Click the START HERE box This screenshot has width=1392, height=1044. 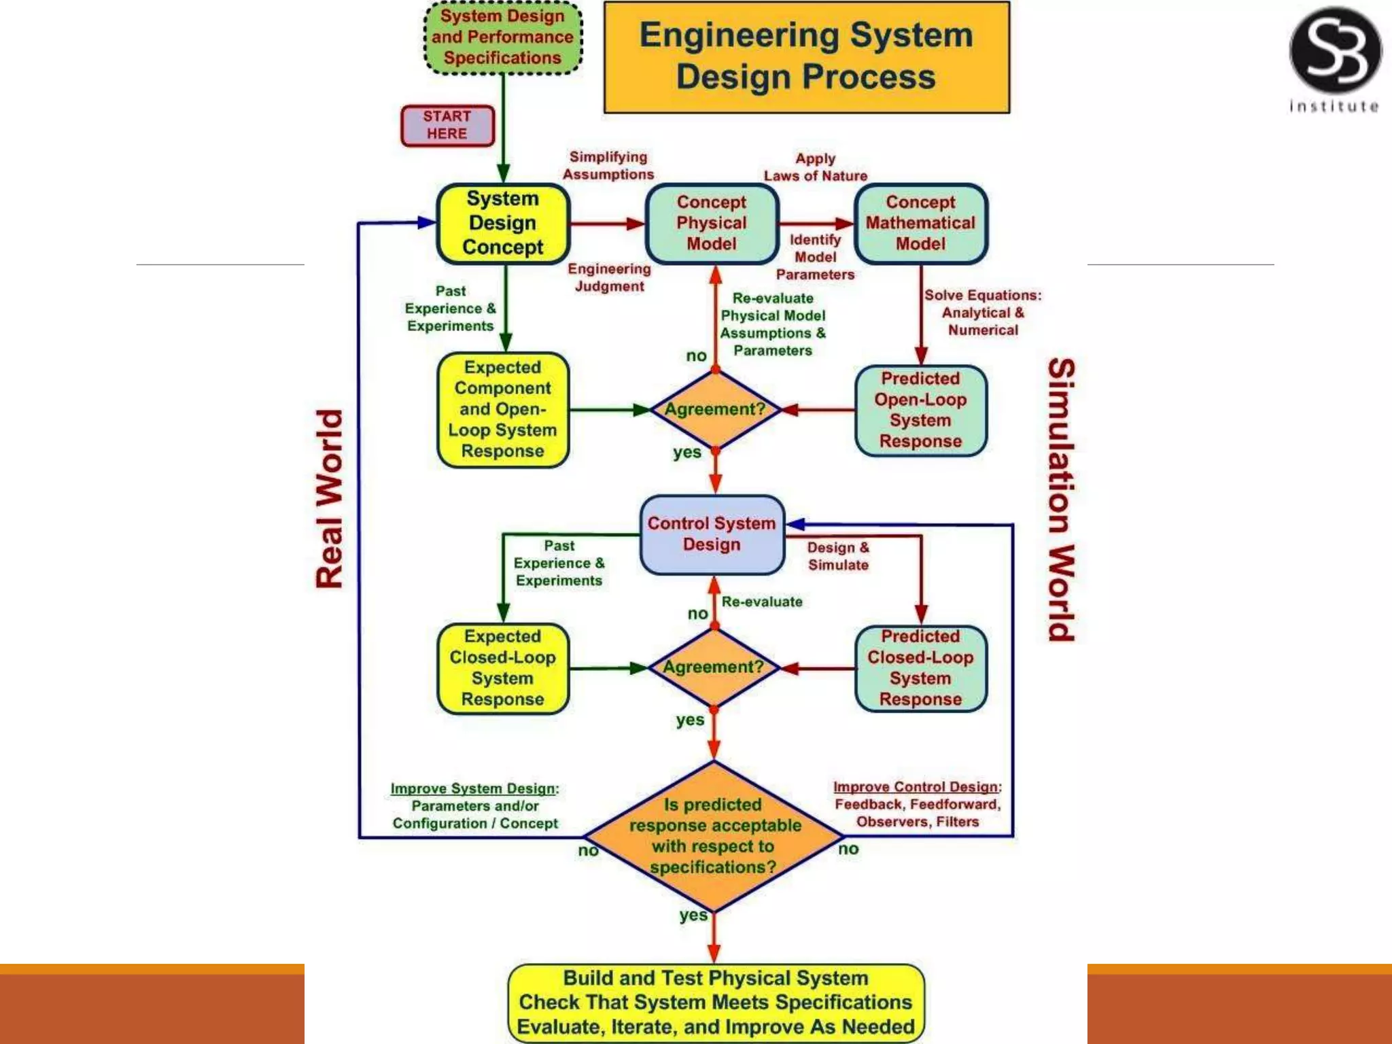point(447,126)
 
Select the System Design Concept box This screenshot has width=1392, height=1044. point(503,223)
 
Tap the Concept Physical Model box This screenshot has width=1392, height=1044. point(712,223)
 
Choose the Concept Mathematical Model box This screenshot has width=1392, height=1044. point(920,223)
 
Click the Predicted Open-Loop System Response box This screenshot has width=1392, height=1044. point(920,410)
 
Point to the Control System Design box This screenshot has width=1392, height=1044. point(712,534)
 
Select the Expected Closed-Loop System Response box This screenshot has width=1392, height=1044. point(503,668)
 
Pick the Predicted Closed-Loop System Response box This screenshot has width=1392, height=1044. point(920,668)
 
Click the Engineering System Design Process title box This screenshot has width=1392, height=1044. point(807,57)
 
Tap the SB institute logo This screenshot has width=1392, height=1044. point(1335,58)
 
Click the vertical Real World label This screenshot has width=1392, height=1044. point(330,500)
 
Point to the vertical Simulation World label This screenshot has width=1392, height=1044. point(1061,500)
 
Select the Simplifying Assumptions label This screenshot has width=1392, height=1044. point(608,166)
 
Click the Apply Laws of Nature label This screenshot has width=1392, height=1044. point(816,167)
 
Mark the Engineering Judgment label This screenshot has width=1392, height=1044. point(610,278)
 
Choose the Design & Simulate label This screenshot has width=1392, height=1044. point(838,556)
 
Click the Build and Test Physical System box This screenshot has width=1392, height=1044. point(716,1003)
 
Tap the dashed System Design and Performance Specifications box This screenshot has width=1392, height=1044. point(503,37)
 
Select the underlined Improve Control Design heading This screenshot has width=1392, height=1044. point(916,787)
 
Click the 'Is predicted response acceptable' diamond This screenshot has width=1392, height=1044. point(713,836)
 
